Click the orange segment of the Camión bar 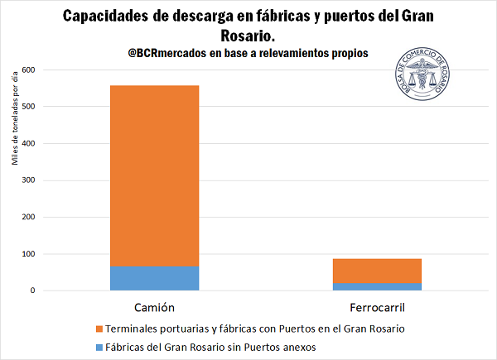[x=154, y=175]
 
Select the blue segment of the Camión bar [x=154, y=278]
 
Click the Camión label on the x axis [x=154, y=309]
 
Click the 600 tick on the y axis [x=30, y=70]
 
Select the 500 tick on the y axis [x=30, y=107]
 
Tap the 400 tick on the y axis [x=30, y=144]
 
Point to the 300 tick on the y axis [x=30, y=180]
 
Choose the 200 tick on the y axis [x=30, y=218]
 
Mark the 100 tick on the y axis [x=30, y=254]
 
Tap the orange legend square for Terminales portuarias [x=99, y=329]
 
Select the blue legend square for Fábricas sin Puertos [x=99, y=347]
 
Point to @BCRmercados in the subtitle [x=166, y=53]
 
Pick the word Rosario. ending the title [x=248, y=36]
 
